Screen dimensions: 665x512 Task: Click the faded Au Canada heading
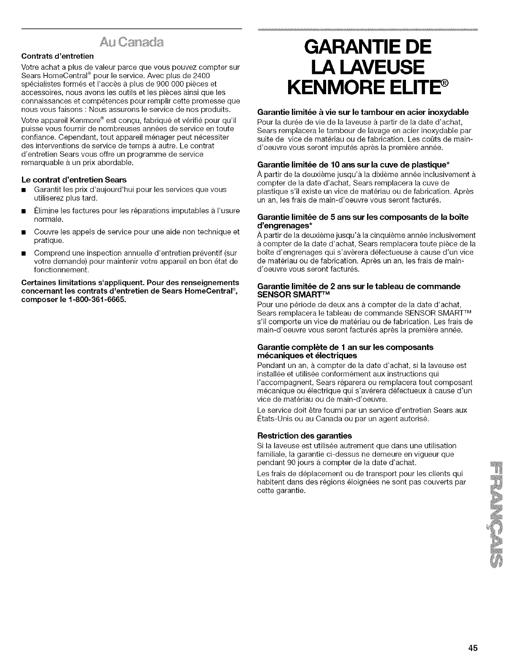click(x=131, y=43)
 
